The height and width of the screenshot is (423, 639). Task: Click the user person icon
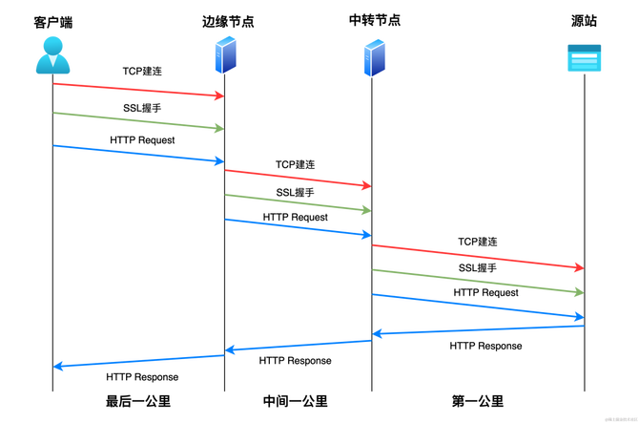pos(53,55)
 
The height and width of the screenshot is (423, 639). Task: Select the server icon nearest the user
pos(226,54)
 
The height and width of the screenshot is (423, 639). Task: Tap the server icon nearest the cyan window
pos(374,57)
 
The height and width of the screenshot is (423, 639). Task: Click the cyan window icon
pos(584,58)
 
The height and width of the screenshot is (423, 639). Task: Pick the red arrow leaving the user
pos(138,90)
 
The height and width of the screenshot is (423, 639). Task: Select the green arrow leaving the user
pos(138,120)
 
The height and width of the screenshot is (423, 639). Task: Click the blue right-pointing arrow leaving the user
pos(138,153)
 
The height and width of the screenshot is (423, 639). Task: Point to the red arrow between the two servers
pos(298,178)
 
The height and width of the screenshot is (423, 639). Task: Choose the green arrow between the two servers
pos(298,202)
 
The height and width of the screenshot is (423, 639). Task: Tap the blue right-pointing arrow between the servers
pos(298,227)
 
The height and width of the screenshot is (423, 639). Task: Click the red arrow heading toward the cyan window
pos(477,257)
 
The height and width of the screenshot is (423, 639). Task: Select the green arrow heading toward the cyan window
pos(477,281)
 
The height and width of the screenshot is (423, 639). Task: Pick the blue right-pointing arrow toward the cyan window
pos(477,305)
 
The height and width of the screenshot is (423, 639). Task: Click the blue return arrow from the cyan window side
pos(477,330)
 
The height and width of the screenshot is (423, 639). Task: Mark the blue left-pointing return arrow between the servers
pos(298,345)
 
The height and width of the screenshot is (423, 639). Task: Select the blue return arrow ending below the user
pos(138,361)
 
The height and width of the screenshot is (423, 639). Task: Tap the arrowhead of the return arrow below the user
pos(59,366)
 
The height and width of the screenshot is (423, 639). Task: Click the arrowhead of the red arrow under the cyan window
pos(577,267)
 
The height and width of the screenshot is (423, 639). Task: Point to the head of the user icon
pos(53,44)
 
